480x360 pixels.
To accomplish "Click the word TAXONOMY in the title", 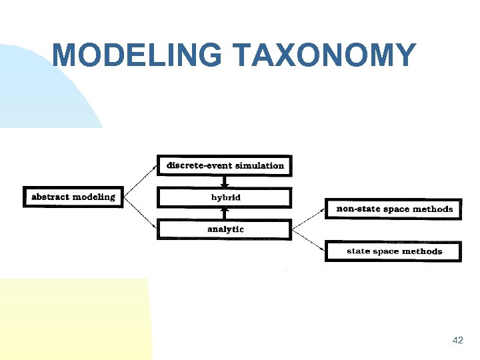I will click(325, 55).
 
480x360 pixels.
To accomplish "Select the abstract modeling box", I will click(73, 197).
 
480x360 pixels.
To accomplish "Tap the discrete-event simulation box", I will click(225, 165).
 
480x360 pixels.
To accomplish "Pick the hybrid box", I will click(225, 197).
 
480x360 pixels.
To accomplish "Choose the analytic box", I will click(225, 229).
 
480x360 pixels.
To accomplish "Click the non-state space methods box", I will click(393, 209).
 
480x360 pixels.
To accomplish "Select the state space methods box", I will click(393, 251).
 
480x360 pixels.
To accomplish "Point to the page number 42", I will click(457, 340).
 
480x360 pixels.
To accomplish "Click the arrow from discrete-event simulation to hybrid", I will click(225, 181).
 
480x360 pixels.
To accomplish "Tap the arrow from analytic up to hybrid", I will click(225, 213).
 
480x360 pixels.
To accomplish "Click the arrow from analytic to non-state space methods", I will click(308, 219).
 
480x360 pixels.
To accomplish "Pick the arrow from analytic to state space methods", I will click(308, 240).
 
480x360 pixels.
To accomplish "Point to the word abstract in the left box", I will click(50, 197).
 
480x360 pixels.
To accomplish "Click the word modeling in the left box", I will click(93, 197).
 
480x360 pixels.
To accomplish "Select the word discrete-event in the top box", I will click(196, 165).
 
